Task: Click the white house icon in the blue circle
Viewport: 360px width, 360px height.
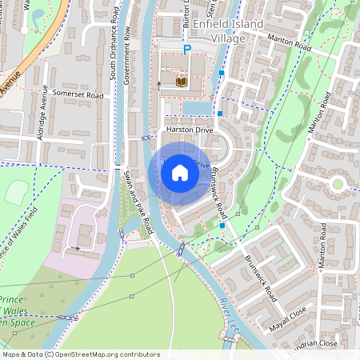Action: point(180,172)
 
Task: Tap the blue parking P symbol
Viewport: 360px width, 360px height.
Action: point(187,50)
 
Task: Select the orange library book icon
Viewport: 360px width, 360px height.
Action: point(180,81)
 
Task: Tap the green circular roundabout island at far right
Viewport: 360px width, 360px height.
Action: point(338,184)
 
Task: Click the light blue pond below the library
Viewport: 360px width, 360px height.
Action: point(196,107)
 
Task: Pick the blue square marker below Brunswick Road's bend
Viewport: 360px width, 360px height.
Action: point(222,226)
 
